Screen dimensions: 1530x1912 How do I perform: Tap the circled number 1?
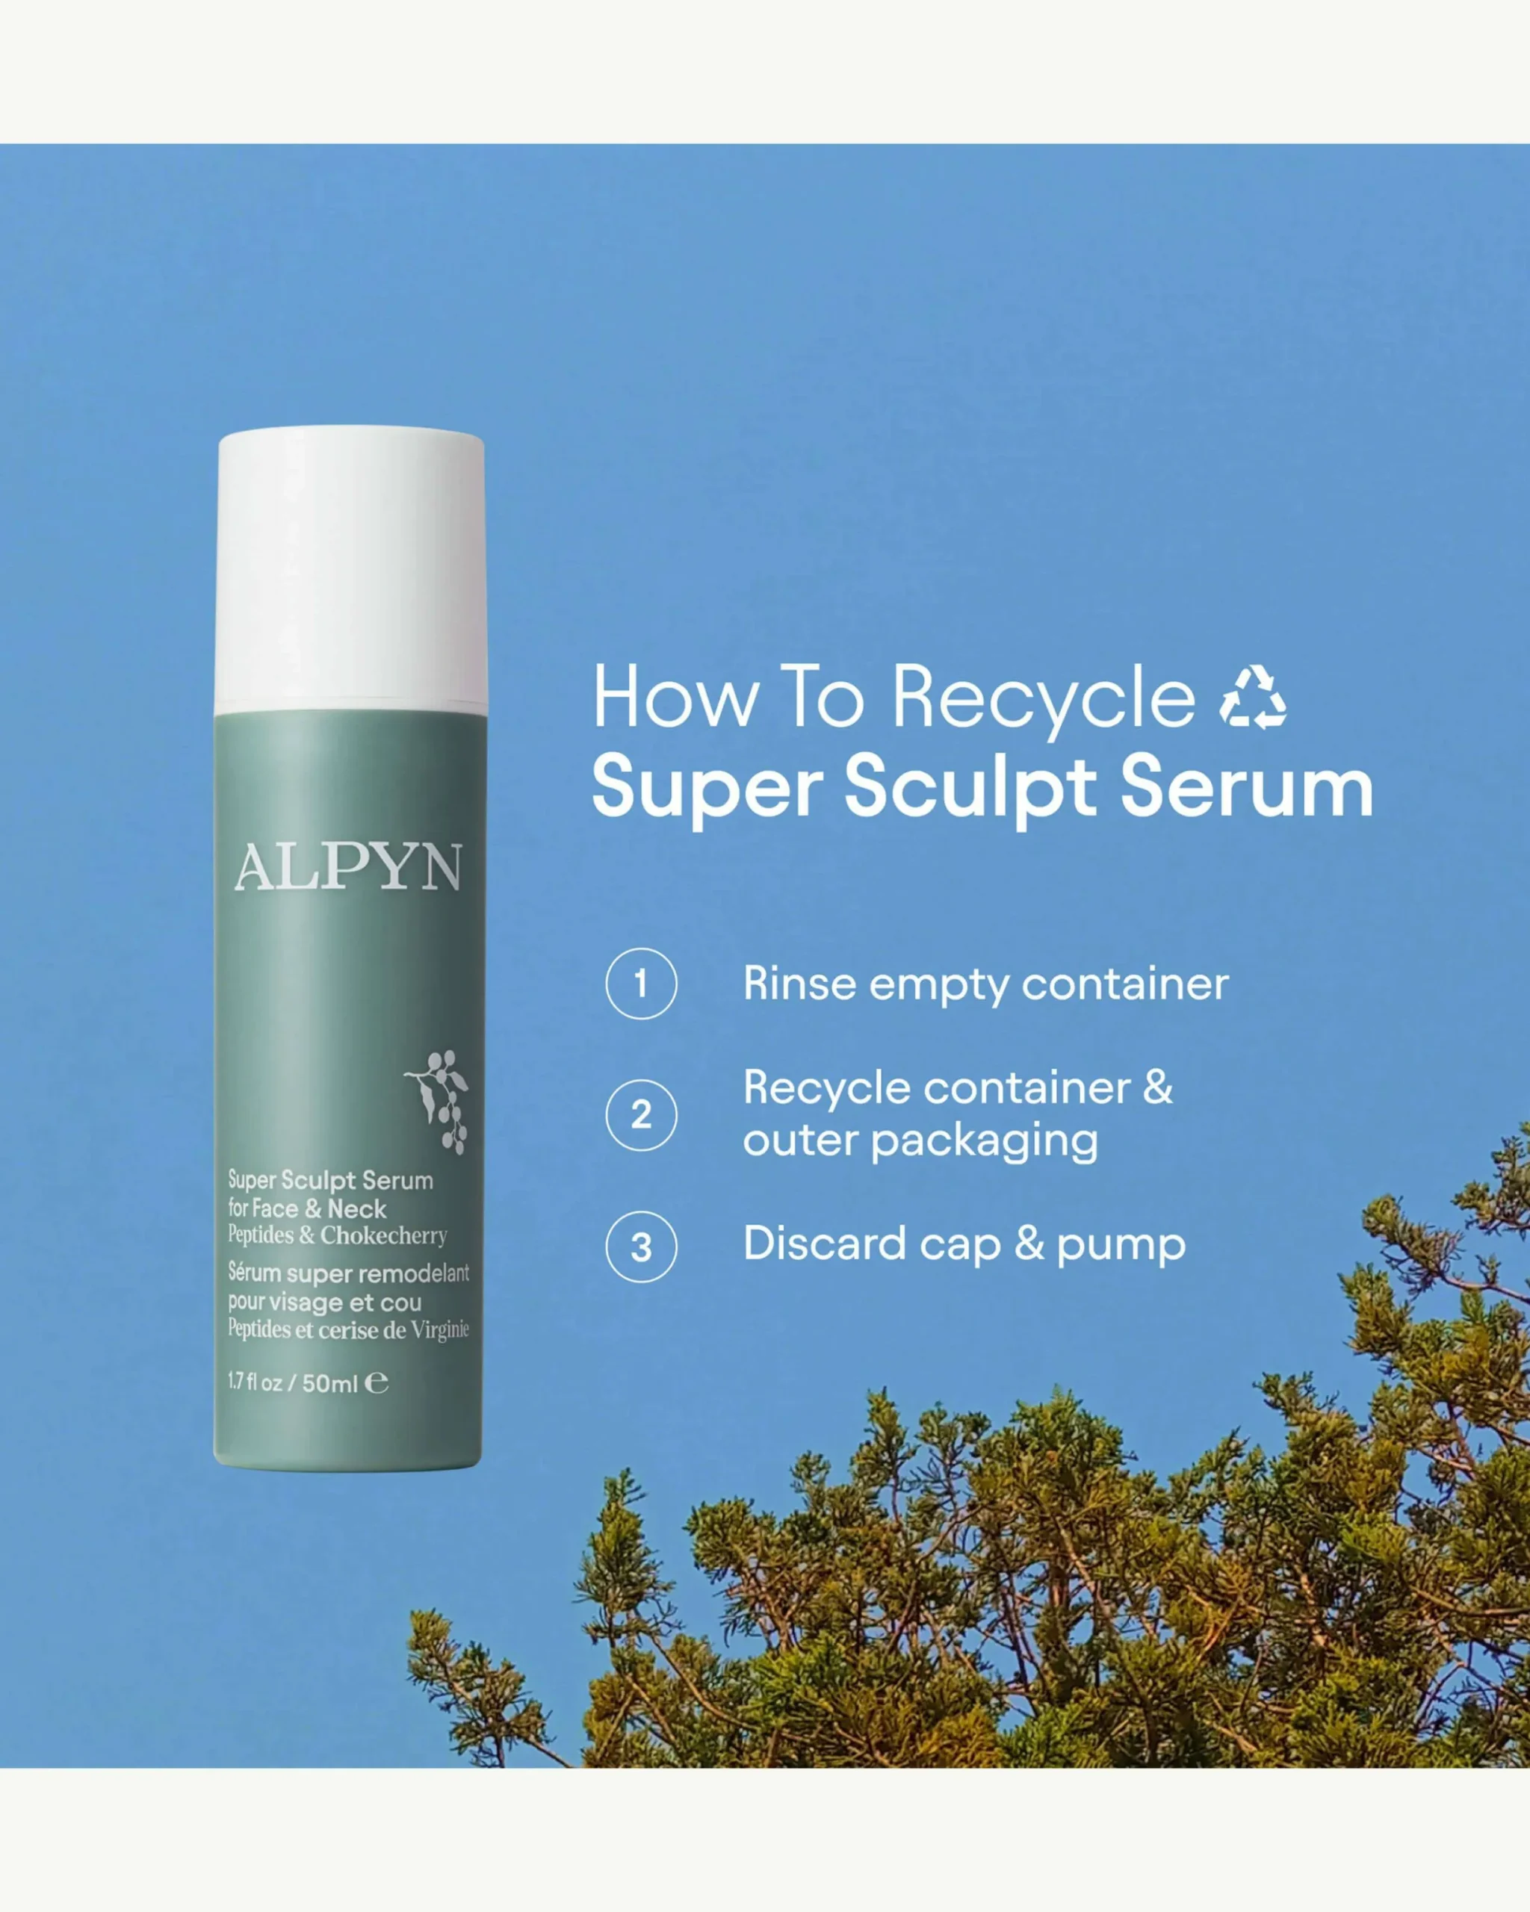[x=641, y=984]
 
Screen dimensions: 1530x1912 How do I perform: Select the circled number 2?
[x=641, y=1115]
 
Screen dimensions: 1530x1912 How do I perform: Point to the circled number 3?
[x=641, y=1247]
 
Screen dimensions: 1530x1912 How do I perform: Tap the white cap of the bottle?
[x=350, y=570]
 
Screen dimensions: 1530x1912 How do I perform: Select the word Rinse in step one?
[x=799, y=984]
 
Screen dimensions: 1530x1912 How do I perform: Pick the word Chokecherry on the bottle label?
[x=383, y=1236]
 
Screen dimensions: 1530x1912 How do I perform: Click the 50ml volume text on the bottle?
[x=330, y=1383]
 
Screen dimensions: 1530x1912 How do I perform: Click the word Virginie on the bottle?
[x=440, y=1330]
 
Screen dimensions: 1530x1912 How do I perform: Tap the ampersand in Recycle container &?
[x=1157, y=1087]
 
